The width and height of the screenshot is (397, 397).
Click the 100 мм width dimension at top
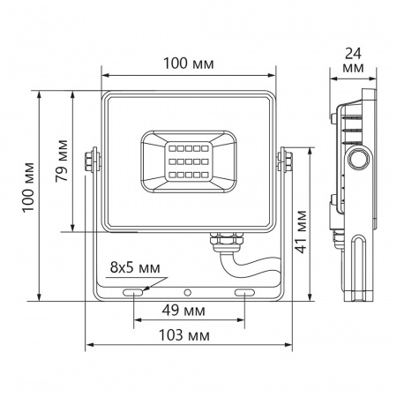(189, 63)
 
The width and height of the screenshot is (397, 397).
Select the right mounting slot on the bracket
(245, 291)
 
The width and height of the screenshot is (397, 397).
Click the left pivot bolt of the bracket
(90, 160)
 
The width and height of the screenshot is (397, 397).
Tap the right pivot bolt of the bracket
(287, 160)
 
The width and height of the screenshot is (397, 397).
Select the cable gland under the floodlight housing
(218, 239)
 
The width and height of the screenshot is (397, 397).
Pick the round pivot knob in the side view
(358, 159)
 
